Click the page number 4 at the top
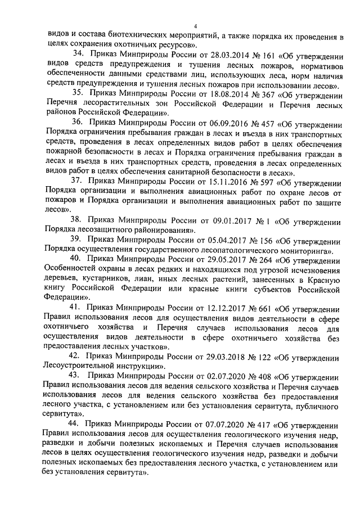[195, 26]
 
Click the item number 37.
[78, 183]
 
